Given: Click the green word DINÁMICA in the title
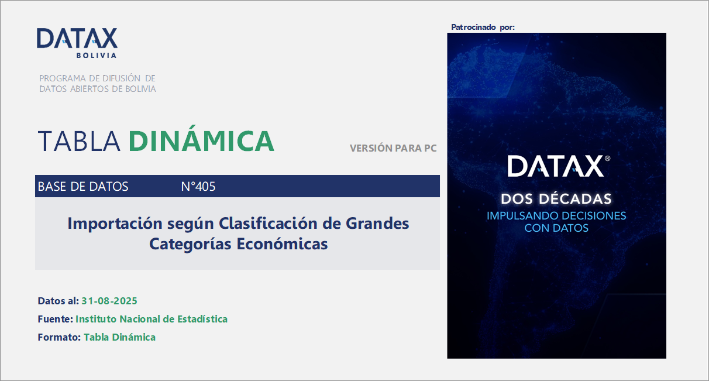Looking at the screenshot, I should click(201, 141).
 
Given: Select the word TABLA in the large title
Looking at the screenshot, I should click(79, 141).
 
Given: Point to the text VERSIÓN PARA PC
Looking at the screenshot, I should click(393, 148).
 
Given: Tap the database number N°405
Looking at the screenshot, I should click(198, 187).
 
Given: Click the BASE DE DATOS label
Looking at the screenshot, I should click(83, 187).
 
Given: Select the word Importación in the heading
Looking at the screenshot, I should click(112, 223).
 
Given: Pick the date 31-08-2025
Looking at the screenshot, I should click(109, 301).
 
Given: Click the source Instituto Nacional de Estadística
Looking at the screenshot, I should click(152, 319).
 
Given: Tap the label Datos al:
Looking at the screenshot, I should click(58, 301).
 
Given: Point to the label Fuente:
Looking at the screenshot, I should click(55, 319).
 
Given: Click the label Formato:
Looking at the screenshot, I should click(59, 337).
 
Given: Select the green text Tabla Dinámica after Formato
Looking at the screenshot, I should click(119, 337).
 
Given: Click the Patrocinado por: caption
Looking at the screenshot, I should click(483, 27).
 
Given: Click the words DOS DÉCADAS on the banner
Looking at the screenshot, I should click(556, 199).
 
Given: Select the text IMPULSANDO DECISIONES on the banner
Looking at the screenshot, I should click(556, 215).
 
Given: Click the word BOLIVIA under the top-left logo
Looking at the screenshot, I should click(96, 56).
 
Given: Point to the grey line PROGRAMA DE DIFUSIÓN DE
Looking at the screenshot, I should click(97, 78).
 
